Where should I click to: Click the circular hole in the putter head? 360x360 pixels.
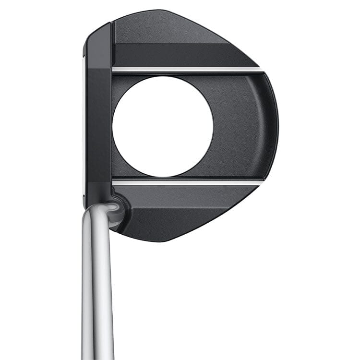[163, 126]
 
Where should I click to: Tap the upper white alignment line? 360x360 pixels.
[187, 70]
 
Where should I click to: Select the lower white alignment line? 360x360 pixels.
[187, 182]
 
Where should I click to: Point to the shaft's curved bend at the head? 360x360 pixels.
[103, 211]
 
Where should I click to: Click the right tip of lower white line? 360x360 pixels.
[261, 182]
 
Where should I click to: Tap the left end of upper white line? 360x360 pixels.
[114, 70]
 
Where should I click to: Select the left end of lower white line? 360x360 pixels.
[114, 182]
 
